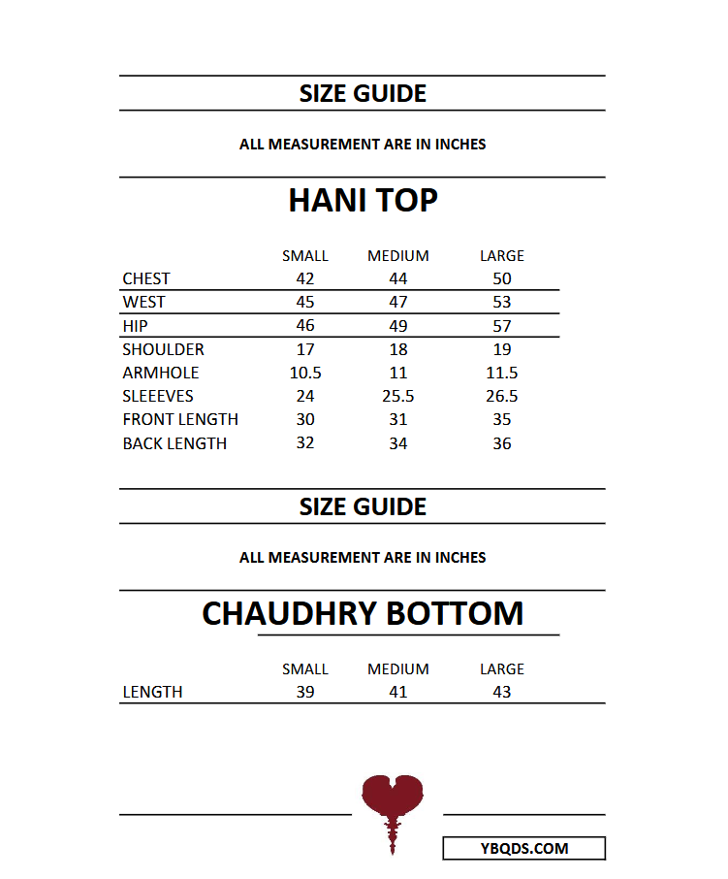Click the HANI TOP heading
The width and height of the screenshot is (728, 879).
(363, 201)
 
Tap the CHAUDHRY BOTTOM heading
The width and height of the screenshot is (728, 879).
(363, 613)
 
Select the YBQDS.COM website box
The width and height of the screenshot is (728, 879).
(523, 849)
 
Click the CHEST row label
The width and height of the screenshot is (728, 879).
(146, 279)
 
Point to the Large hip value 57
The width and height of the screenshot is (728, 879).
(501, 326)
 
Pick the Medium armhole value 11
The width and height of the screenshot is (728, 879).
(397, 373)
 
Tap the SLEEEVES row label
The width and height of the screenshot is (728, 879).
(158, 396)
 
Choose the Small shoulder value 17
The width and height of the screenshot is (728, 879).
(305, 349)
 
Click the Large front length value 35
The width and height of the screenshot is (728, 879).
(501, 419)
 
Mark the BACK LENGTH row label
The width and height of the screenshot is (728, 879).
(174, 443)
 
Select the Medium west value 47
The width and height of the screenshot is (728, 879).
(397, 303)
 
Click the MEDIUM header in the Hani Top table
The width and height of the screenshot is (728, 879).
(397, 256)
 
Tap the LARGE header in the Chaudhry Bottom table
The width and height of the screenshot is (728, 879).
(501, 669)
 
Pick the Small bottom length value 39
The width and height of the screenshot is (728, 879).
(305, 693)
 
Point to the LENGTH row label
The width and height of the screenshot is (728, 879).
(152, 693)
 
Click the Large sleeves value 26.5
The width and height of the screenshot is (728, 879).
(501, 396)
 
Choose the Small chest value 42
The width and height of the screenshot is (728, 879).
(305, 279)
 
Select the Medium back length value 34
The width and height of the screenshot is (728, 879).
(397, 443)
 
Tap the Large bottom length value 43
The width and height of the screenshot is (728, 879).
(501, 693)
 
